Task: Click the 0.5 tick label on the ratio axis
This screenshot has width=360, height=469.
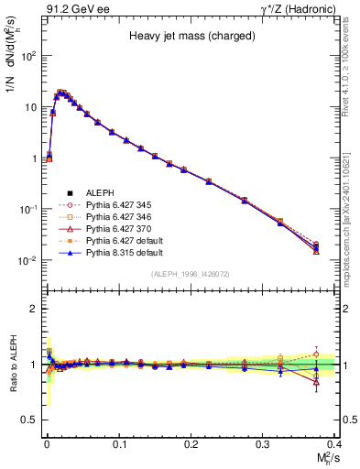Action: (x=30, y=420)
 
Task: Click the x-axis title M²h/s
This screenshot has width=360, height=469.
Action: (x=323, y=457)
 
